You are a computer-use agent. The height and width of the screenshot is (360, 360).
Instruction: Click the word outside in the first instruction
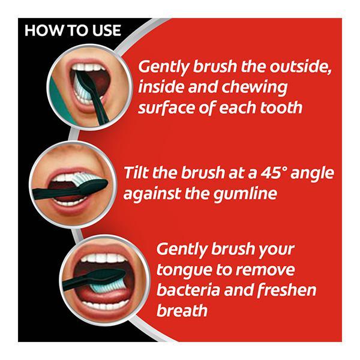point(301,67)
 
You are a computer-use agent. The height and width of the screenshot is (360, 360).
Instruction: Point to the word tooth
point(281,107)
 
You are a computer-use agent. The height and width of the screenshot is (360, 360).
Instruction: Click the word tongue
point(184,271)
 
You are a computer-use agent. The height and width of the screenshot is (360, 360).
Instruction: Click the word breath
point(182,310)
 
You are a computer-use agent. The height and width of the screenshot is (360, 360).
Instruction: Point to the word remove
point(265,270)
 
